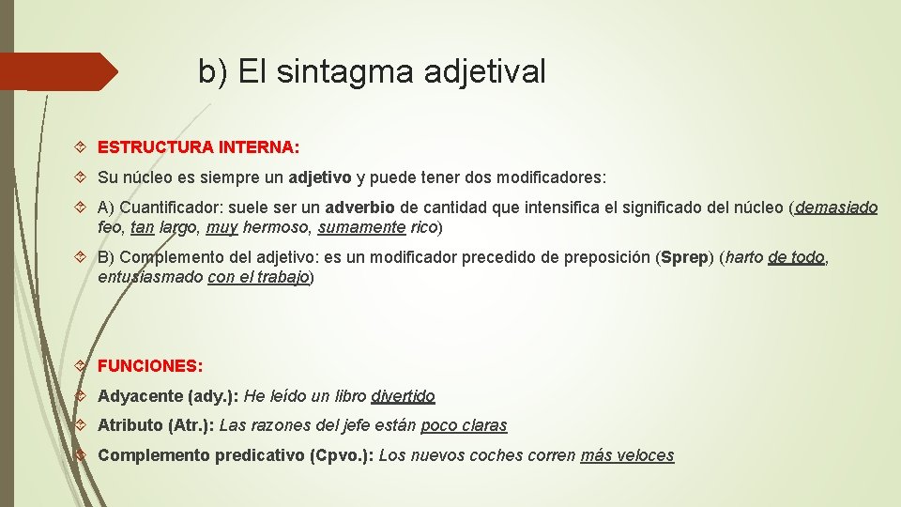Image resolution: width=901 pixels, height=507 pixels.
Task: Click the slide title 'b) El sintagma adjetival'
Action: tap(372, 71)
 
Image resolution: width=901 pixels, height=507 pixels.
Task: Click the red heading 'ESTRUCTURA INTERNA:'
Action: tap(198, 147)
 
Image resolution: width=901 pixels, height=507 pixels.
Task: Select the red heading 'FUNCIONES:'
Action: tap(150, 366)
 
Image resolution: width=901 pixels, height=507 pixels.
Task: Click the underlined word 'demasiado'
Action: tap(836, 207)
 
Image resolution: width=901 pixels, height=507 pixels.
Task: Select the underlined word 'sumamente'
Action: tap(362, 227)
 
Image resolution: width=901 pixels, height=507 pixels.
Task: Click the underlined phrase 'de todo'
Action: tap(796, 257)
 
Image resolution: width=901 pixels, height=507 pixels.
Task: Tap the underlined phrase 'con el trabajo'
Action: tap(258, 277)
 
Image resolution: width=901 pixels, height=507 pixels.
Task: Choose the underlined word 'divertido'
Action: tap(403, 396)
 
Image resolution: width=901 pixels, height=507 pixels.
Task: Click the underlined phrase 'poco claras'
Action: tap(464, 425)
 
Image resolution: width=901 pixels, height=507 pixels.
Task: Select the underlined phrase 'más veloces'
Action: tap(627, 455)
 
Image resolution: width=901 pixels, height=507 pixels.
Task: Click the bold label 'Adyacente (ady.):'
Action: tap(168, 396)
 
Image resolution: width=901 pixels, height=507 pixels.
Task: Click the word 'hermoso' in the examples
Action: tap(277, 227)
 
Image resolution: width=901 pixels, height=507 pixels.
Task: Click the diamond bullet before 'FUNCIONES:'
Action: tap(81, 366)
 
